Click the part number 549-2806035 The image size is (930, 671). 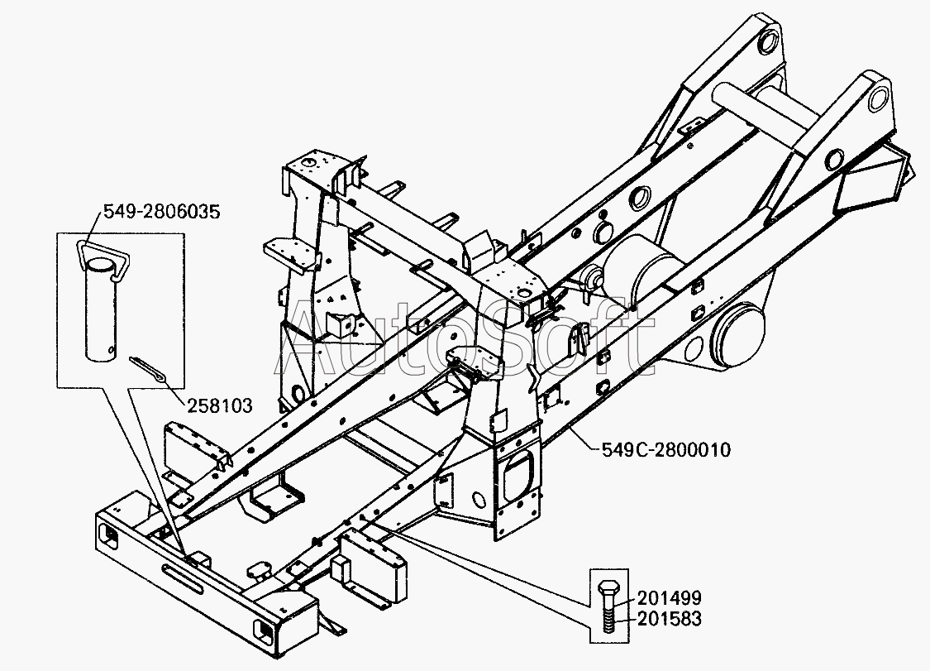click(162, 212)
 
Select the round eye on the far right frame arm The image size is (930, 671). click(882, 100)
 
